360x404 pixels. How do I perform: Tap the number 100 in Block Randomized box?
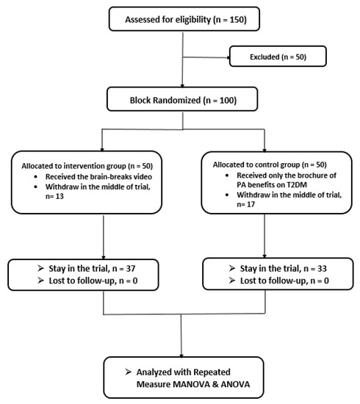click(226, 100)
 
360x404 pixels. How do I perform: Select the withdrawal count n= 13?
click(54, 196)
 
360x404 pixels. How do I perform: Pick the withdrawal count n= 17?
click(246, 204)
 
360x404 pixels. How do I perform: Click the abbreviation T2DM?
click(297, 184)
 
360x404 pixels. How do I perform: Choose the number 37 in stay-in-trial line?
click(131, 268)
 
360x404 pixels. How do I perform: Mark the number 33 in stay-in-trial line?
click(322, 269)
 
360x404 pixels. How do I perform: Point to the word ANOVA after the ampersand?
click(235, 384)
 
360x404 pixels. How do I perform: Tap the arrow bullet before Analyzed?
click(128, 372)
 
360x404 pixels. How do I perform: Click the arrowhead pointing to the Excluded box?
click(228, 57)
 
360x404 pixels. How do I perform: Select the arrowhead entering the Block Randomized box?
click(182, 86)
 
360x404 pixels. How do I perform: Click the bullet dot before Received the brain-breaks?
click(35, 177)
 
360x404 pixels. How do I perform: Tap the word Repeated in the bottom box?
click(212, 372)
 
